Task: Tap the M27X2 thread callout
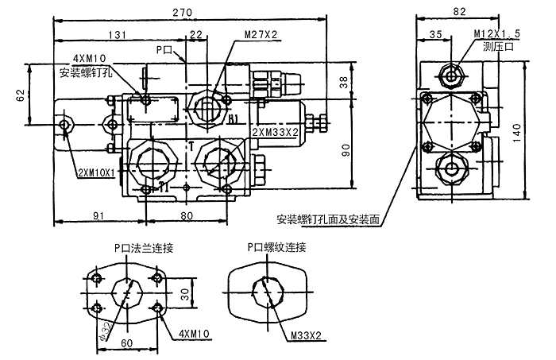pos(261,34)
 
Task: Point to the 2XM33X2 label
pos(274,131)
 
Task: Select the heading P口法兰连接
pos(144,247)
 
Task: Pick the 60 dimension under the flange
pos(127,343)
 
